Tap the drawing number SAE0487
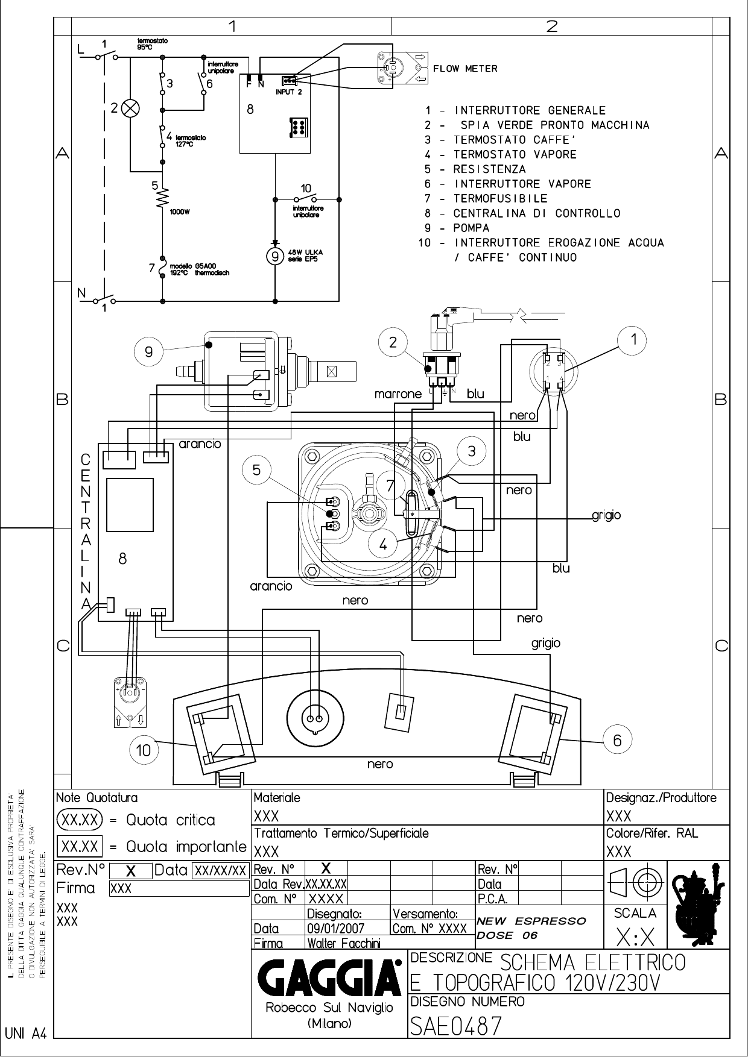tap(455, 1025)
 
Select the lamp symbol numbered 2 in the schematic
tap(130, 109)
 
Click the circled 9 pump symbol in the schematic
tap(275, 256)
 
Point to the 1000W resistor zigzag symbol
tap(162, 198)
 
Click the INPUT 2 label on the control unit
tap(289, 92)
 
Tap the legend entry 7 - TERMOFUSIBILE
tap(486, 198)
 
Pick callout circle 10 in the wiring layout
tap(144, 750)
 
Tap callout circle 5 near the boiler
tap(257, 470)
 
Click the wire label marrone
tap(398, 394)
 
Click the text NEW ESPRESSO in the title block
tap(531, 921)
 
